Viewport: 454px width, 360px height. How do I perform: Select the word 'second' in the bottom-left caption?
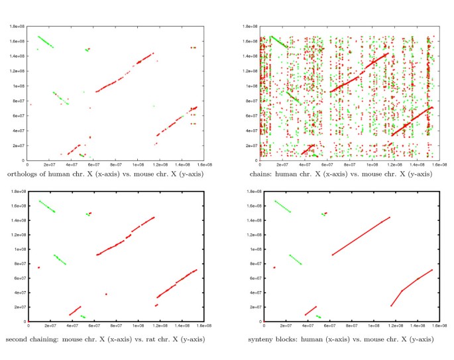pos(17,339)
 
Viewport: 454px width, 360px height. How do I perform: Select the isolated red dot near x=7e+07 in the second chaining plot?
pos(106,294)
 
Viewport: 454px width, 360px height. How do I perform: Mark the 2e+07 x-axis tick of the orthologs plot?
pos(50,164)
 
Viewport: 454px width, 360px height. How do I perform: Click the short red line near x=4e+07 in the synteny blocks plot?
pos(311,311)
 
